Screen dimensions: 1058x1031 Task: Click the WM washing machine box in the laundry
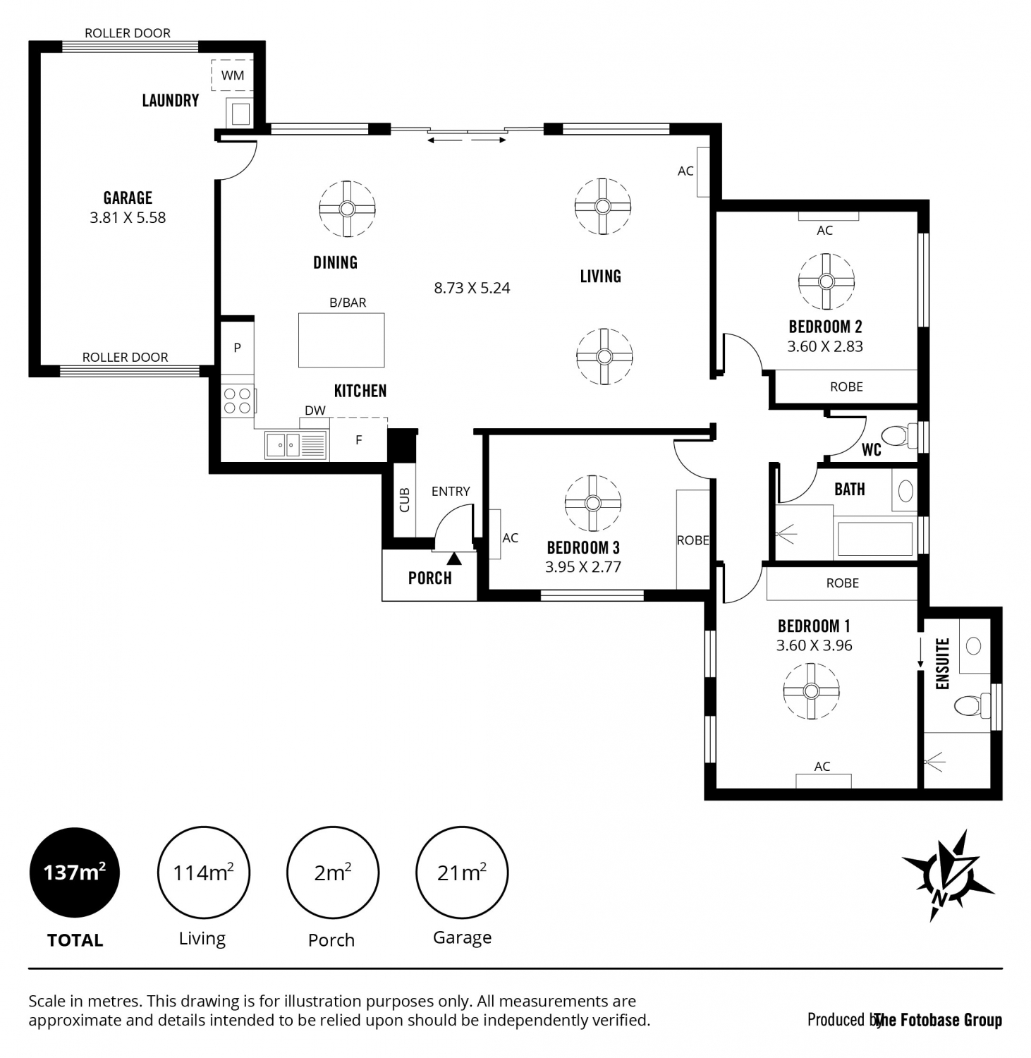click(x=232, y=75)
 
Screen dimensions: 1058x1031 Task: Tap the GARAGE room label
click(x=128, y=198)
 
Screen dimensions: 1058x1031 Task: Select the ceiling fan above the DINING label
click(x=347, y=209)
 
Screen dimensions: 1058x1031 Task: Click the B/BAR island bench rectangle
click(x=341, y=340)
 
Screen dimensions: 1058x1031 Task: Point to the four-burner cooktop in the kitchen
click(x=238, y=401)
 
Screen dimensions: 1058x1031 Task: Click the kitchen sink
click(x=295, y=445)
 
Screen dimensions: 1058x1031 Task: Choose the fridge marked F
click(x=359, y=439)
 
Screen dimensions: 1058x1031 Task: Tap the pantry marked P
click(x=238, y=348)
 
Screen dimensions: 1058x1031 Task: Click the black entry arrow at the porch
click(x=454, y=559)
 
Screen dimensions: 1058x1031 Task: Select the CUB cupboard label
click(x=404, y=500)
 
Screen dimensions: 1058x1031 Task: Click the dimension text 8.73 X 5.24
click(x=472, y=288)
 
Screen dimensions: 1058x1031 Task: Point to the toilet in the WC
click(x=898, y=435)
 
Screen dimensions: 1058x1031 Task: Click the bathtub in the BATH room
click(x=874, y=539)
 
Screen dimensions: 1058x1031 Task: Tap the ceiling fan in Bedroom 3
click(x=593, y=503)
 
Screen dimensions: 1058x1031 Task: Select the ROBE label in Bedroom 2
click(x=846, y=387)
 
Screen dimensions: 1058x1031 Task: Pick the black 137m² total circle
click(x=74, y=872)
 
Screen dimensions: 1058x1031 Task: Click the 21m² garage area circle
click(x=462, y=872)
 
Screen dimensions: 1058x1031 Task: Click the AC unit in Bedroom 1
click(x=823, y=781)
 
